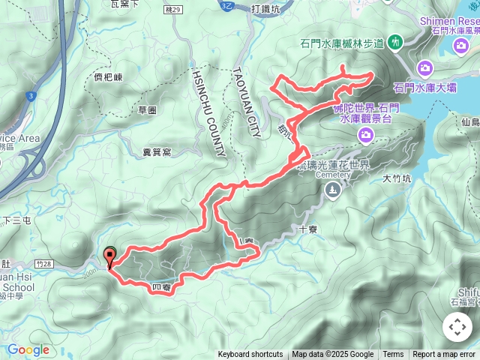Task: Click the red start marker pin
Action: (110, 257)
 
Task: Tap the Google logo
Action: (28, 349)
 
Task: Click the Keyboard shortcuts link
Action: (250, 355)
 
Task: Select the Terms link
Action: (393, 355)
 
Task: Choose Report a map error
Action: (444, 355)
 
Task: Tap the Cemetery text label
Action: (333, 175)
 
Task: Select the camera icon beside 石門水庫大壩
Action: (425, 68)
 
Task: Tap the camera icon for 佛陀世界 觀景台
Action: (366, 135)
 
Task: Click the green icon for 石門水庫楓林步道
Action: (396, 42)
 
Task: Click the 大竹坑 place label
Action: (397, 178)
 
